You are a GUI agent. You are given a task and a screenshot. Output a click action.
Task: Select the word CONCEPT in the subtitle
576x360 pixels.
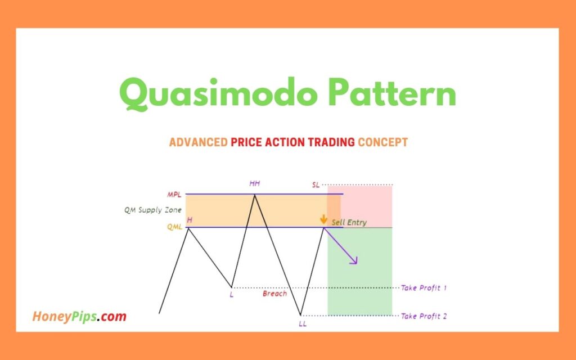click(x=382, y=142)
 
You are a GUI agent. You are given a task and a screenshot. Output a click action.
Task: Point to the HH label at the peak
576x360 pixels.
click(x=255, y=183)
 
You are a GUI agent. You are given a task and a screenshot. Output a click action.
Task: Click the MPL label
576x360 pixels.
click(x=174, y=195)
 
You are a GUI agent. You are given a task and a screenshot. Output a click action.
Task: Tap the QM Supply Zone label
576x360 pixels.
click(x=152, y=210)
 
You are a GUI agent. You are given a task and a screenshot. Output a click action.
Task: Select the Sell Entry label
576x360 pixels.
click(x=349, y=222)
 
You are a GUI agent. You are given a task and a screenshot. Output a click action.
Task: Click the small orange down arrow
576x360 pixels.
click(x=323, y=219)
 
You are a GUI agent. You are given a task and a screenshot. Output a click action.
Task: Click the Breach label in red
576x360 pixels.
click(x=274, y=294)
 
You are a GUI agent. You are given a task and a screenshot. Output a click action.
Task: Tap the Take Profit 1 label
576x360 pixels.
click(x=424, y=288)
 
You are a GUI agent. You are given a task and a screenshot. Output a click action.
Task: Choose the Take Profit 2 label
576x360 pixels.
click(x=424, y=316)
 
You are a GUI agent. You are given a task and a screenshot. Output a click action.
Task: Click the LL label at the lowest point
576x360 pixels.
click(x=303, y=323)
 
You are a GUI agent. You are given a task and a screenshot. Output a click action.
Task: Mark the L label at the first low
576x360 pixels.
click(x=231, y=294)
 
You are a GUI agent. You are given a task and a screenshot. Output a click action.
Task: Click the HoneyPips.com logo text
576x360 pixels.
click(x=79, y=317)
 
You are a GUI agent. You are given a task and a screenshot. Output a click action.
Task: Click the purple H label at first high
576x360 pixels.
click(x=189, y=220)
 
